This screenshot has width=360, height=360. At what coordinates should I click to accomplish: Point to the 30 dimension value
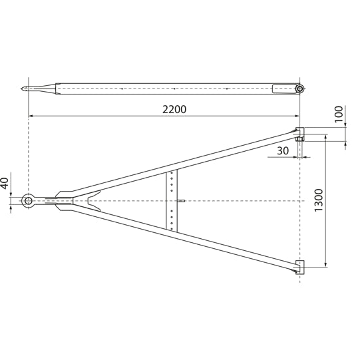tap(283, 151)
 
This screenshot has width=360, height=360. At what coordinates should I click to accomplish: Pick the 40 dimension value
tap(5, 182)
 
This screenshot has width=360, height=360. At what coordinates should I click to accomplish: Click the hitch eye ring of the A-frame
tap(29, 200)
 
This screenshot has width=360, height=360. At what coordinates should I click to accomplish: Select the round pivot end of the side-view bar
tap(300, 89)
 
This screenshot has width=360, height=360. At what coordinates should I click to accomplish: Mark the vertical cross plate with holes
tap(172, 200)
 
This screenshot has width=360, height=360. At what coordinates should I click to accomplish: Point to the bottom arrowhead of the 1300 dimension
tap(325, 264)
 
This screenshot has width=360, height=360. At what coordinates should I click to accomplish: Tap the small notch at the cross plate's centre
tap(181, 200)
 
